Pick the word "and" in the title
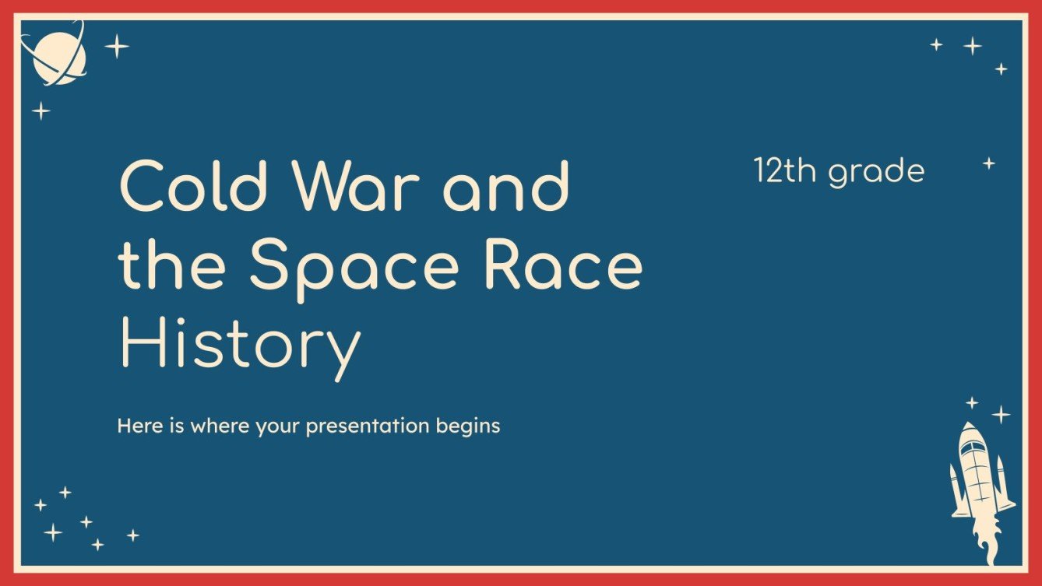pyautogui.click(x=506, y=188)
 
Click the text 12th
pyautogui.click(x=786, y=171)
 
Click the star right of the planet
pyautogui.click(x=117, y=47)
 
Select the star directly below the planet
pyautogui.click(x=40, y=111)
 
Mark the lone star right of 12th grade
pyautogui.click(x=988, y=163)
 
